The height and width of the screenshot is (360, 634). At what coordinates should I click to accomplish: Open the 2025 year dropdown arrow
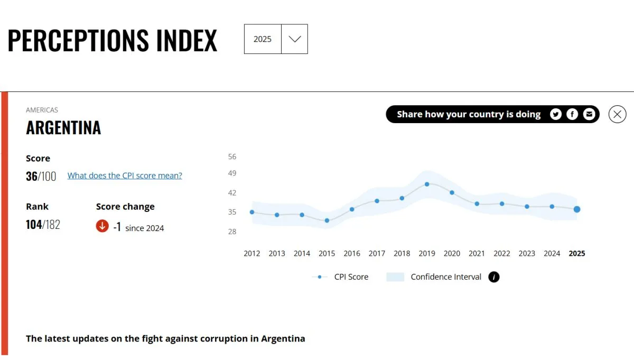(x=294, y=39)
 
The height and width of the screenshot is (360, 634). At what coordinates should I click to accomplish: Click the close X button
(x=617, y=114)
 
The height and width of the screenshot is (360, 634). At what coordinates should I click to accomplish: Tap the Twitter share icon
(x=555, y=114)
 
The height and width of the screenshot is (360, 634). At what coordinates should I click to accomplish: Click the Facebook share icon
(x=572, y=114)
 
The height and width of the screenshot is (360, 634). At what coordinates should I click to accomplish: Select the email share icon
(x=589, y=114)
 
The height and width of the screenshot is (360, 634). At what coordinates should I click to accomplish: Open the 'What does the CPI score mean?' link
(x=125, y=176)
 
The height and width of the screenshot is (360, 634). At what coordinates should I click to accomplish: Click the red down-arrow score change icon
(x=102, y=226)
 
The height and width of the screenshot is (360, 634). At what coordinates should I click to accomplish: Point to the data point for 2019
(x=427, y=184)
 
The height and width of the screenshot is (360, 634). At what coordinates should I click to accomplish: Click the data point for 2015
(x=327, y=220)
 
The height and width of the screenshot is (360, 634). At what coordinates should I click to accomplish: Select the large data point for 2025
(x=577, y=209)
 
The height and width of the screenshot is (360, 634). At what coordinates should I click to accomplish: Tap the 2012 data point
(x=252, y=212)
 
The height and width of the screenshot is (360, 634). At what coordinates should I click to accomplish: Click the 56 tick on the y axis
(x=232, y=156)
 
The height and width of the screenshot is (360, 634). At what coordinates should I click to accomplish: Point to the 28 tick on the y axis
(x=232, y=232)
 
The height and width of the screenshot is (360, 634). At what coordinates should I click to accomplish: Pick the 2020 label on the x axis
(x=452, y=254)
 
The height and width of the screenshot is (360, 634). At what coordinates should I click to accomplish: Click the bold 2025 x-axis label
(x=577, y=254)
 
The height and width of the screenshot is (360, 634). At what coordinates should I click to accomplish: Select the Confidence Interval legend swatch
(x=395, y=277)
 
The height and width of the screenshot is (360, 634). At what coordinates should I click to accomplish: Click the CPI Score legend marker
(x=320, y=277)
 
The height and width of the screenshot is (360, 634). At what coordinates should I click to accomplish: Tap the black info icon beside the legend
(x=494, y=277)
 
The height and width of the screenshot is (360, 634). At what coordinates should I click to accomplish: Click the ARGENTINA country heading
(x=63, y=128)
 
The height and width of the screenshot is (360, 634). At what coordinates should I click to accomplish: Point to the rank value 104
(x=34, y=225)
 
